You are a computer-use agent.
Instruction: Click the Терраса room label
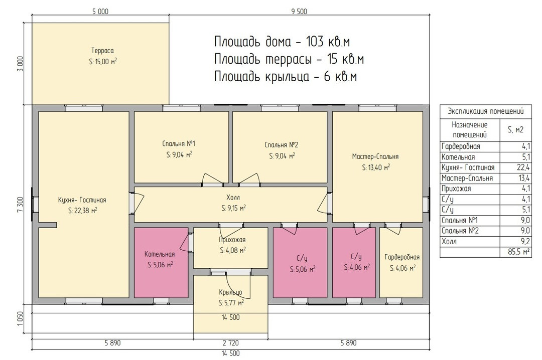(102, 51)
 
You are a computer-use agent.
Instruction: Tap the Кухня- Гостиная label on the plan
(82, 200)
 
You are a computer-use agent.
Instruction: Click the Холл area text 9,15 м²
(234, 209)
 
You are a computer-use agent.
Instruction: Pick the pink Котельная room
(161, 263)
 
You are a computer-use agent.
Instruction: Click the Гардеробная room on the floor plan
(401, 263)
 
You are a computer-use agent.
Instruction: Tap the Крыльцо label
(230, 292)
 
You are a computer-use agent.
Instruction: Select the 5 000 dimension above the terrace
(100, 12)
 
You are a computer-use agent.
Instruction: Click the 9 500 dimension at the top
(299, 12)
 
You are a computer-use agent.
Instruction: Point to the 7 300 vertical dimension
(20, 205)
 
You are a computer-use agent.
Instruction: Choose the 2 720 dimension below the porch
(230, 343)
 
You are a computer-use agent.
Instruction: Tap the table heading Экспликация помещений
(486, 111)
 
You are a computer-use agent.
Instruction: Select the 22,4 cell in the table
(523, 167)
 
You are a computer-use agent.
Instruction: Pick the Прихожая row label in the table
(456, 189)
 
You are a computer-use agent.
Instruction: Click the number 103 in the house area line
(315, 42)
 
